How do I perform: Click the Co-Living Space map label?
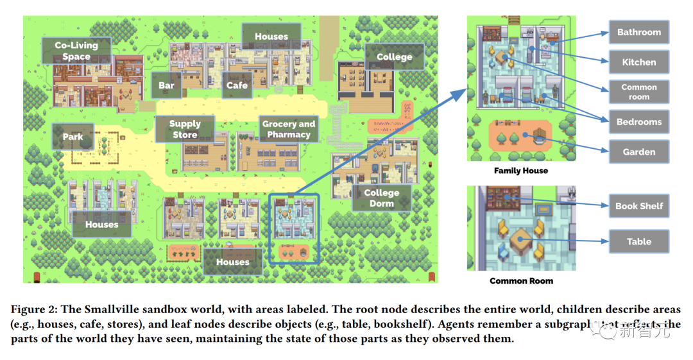76,51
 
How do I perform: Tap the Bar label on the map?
166,85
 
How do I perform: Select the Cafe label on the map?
237,85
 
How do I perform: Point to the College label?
394,57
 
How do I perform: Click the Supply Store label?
185,129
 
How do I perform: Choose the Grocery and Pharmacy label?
289,129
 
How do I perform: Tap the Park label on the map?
73,137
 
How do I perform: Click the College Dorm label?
381,198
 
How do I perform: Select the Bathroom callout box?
638,32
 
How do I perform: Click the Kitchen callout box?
638,62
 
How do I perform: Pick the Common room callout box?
638,92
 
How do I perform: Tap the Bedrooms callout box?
638,122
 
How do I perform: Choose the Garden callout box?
638,152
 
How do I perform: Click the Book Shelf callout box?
638,206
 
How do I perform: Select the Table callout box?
638,241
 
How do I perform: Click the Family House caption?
521,171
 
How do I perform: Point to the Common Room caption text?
521,280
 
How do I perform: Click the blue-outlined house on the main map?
294,228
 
